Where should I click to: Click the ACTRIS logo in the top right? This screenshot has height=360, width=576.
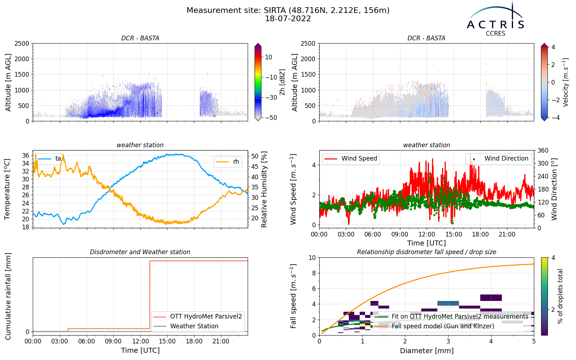495,19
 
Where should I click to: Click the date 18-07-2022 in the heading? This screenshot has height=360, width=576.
288,19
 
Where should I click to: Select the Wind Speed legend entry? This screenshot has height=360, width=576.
351,158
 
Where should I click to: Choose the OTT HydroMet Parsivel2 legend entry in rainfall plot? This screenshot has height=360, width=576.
198,316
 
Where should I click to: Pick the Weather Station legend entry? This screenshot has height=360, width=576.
186,326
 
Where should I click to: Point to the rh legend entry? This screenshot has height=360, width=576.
228,162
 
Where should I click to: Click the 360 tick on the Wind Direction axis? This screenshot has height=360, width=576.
543,150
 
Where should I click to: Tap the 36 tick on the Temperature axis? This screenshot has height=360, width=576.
26,155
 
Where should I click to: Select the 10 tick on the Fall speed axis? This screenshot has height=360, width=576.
312,258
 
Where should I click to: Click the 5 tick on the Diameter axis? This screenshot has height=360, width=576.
534,342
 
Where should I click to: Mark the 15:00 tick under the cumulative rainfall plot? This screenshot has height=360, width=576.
167,342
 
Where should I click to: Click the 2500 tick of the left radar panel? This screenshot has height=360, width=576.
22,44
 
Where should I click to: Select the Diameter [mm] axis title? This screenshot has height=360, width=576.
427,351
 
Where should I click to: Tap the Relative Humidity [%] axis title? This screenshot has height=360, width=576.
264,189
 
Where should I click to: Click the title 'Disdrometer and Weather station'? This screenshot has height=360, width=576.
140,252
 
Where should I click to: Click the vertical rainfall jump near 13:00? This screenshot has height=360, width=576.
150,295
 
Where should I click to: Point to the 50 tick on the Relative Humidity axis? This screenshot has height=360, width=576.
255,156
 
